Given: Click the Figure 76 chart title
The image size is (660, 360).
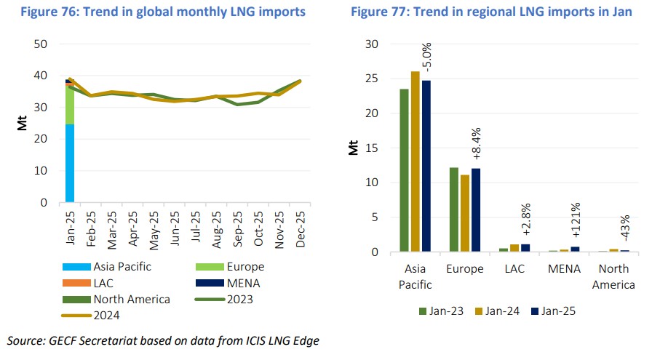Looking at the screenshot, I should (172, 12).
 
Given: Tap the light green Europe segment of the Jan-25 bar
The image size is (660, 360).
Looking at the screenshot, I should (70, 106).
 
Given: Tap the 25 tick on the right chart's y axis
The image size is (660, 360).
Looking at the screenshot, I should (374, 79).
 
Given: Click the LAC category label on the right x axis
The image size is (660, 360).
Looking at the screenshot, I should (513, 269).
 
